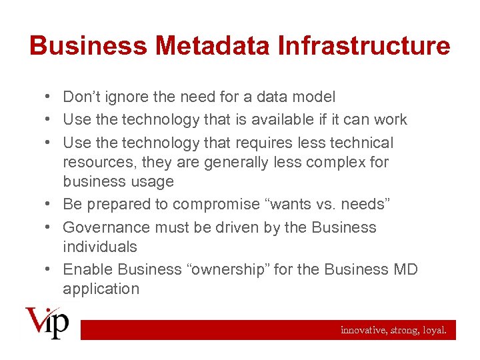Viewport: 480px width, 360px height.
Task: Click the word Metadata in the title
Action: [x=215, y=46]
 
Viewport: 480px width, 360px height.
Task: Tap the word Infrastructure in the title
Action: [x=364, y=46]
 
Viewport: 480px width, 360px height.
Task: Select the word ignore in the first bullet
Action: [x=129, y=97]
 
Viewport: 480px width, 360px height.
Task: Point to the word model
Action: [x=314, y=97]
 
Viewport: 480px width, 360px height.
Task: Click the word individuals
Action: [x=100, y=247]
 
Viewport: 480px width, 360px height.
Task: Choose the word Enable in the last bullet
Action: [x=88, y=269]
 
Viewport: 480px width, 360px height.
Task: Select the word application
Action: [x=101, y=289]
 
